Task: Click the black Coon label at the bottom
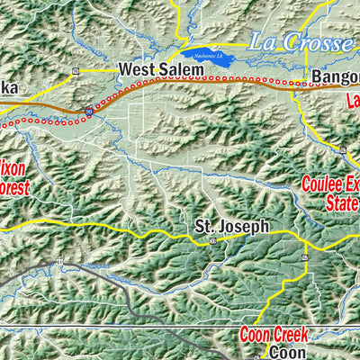(x=289, y=354)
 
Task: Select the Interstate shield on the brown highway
(x=89, y=110)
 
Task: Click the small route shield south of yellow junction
(x=305, y=258)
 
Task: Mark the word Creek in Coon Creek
(x=288, y=336)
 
